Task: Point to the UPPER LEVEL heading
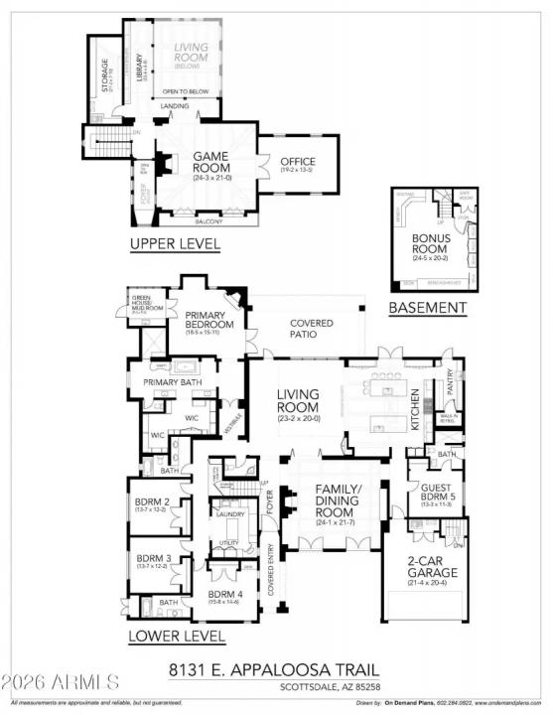point(175,243)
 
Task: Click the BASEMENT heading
point(427,308)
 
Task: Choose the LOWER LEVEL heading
point(176,636)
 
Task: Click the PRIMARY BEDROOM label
point(208,321)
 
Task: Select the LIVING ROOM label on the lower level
point(298,400)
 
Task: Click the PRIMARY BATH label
point(174,381)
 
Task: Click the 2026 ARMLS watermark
point(61,683)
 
